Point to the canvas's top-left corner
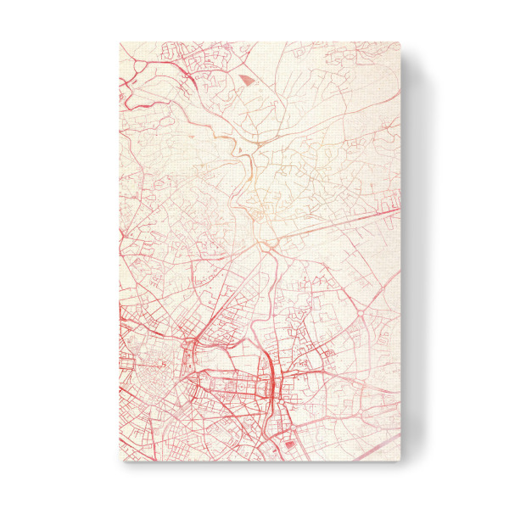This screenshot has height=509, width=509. pos(120,42)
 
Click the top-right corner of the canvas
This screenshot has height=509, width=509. pos(400,42)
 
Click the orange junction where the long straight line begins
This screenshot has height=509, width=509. pos(270,246)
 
